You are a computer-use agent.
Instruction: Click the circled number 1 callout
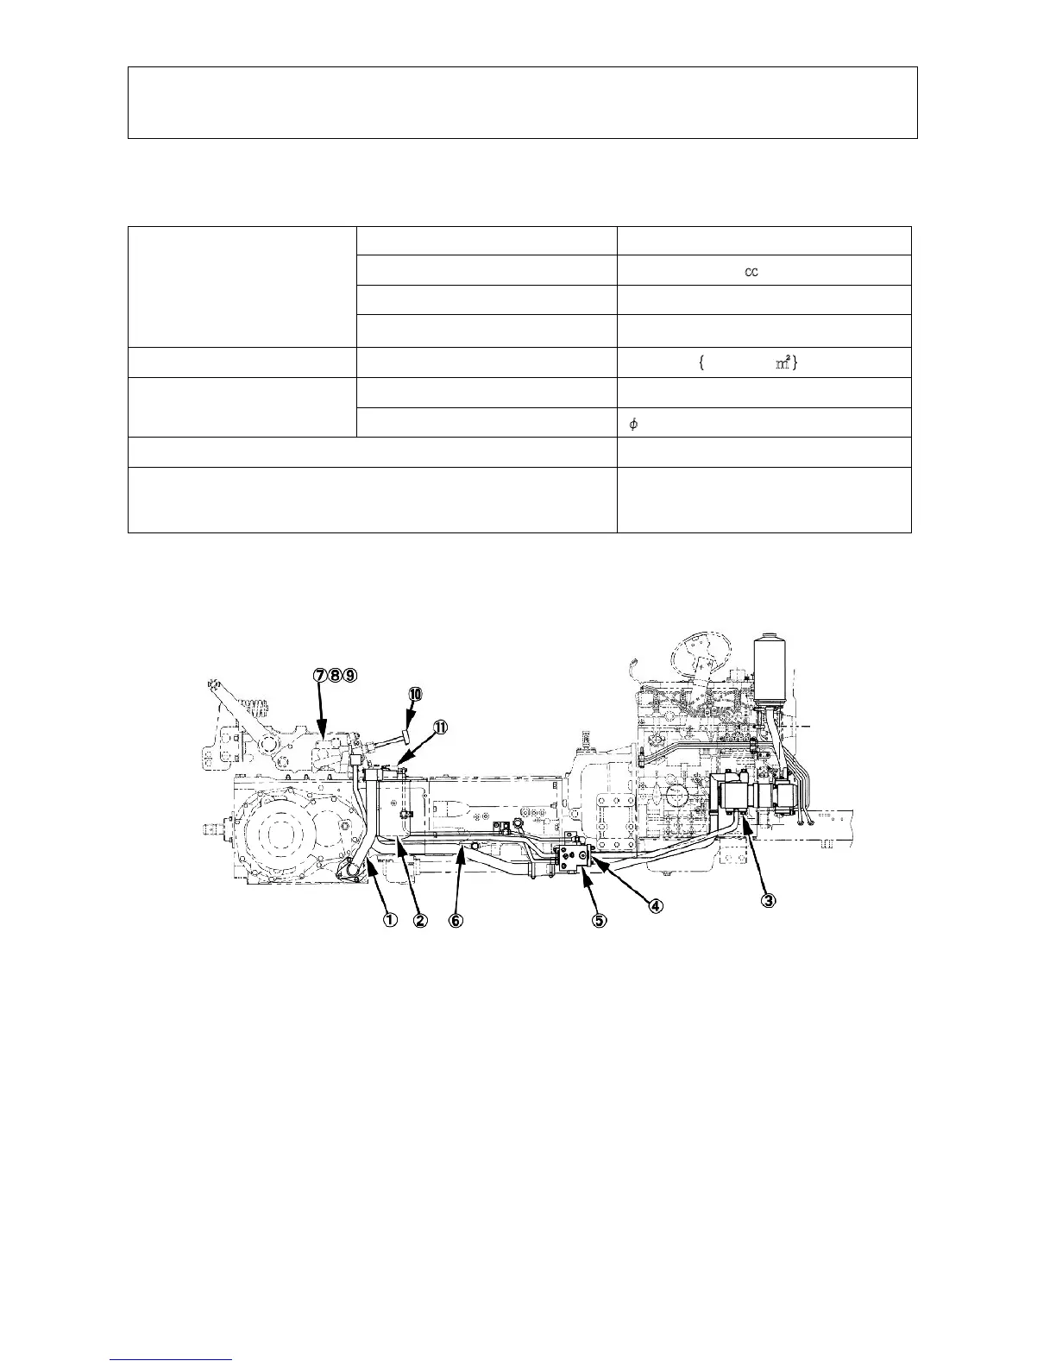(390, 920)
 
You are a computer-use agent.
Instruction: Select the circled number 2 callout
(420, 920)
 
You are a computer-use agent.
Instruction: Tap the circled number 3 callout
(767, 900)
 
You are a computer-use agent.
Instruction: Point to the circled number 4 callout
(656, 905)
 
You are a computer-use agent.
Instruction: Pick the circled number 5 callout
(599, 920)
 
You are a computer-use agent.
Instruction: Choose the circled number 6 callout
(456, 920)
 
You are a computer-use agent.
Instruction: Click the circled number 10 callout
(415, 694)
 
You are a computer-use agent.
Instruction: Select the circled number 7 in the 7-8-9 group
(320, 676)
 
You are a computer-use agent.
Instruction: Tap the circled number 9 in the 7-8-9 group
(349, 676)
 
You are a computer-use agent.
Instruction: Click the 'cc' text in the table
(751, 271)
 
